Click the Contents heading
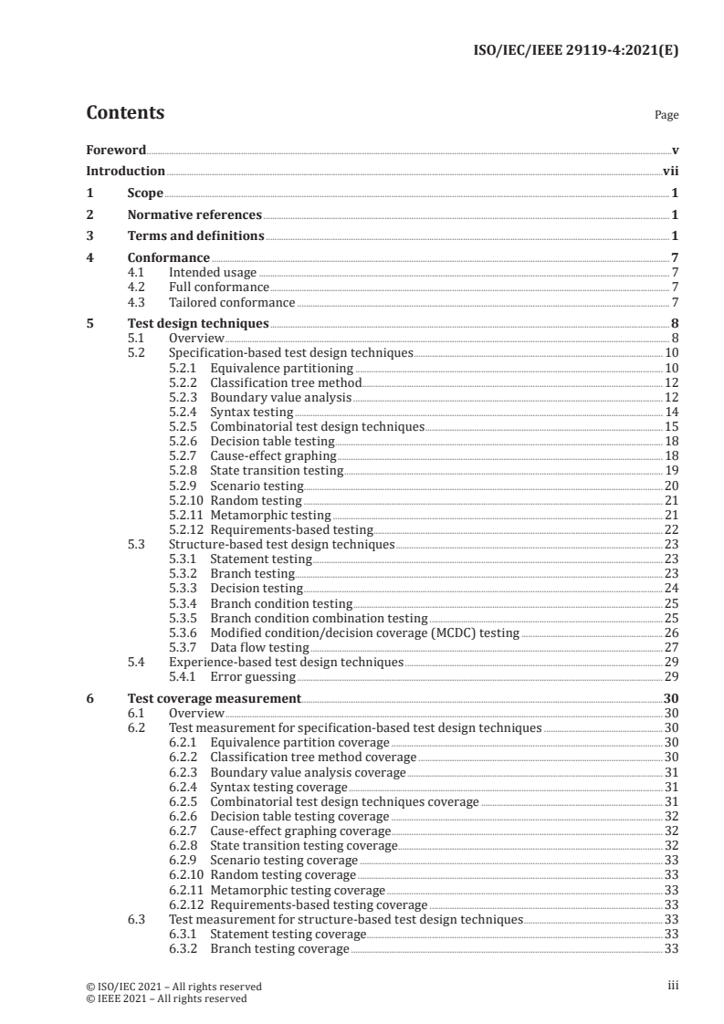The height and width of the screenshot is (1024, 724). [125, 113]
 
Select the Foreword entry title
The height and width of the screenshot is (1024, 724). [116, 150]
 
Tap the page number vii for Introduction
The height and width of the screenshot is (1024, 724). [670, 171]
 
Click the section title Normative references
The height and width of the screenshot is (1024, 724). [194, 215]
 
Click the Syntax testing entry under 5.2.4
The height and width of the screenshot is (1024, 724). [251, 412]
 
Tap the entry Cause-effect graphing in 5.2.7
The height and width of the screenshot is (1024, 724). [273, 455]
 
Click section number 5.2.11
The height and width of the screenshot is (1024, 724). [186, 515]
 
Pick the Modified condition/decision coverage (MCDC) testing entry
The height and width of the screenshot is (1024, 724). [364, 632]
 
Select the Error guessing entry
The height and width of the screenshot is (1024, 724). [252, 676]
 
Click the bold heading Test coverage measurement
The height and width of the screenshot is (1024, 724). [214, 698]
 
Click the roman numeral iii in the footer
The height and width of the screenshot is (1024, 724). [673, 986]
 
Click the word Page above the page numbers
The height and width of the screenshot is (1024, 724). [666, 116]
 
